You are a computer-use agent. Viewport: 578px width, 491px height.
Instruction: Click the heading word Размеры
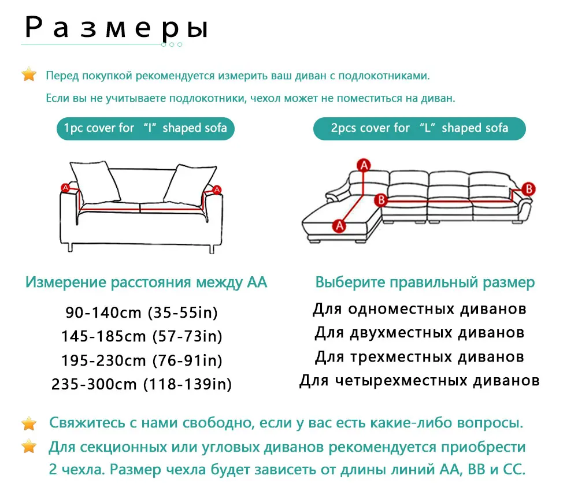tap(116, 29)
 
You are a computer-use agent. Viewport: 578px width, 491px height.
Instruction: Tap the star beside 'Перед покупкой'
tap(29, 75)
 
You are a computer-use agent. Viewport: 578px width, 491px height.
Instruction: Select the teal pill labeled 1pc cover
tap(146, 128)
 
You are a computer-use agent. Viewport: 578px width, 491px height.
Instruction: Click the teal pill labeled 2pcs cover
tap(420, 128)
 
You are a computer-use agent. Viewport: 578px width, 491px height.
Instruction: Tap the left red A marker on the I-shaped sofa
tap(65, 188)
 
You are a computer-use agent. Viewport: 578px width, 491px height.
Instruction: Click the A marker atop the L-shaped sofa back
tap(364, 165)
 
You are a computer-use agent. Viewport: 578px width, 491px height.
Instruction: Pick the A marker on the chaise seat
tap(339, 225)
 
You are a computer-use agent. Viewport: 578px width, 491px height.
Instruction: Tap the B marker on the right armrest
tap(528, 188)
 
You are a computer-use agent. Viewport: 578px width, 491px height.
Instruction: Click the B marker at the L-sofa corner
tap(380, 200)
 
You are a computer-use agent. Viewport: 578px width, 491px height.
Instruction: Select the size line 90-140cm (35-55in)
tap(141, 313)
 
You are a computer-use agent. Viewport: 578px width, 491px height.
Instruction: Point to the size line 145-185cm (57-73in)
tap(142, 336)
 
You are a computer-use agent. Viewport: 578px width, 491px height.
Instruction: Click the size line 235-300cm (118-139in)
tap(142, 384)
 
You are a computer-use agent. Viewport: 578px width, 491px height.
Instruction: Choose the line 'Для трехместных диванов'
tap(420, 356)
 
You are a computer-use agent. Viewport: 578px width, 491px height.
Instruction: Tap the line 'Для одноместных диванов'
tap(420, 308)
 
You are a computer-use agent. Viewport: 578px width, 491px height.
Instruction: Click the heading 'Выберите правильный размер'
tap(425, 282)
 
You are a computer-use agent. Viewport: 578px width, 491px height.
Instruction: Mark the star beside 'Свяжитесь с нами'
tap(29, 423)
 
